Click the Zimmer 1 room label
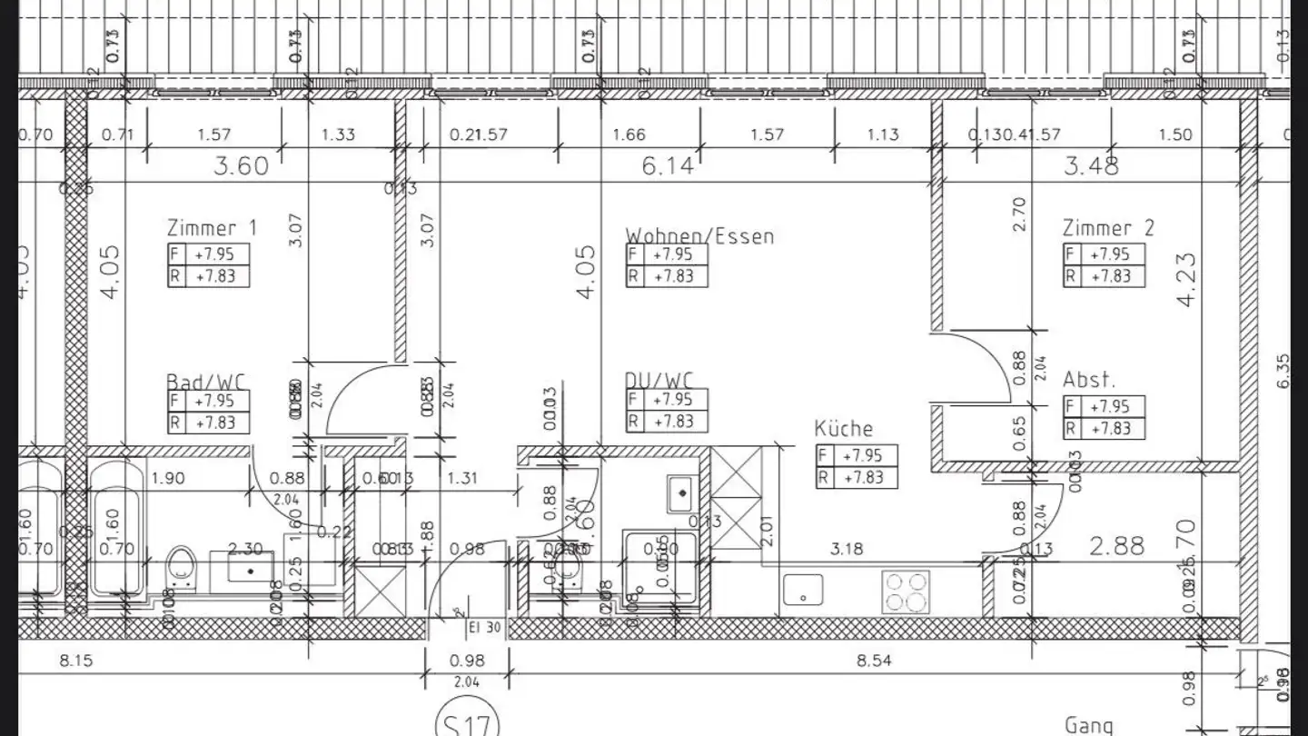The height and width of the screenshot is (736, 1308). tap(212, 228)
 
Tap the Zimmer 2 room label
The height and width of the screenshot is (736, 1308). tap(1108, 228)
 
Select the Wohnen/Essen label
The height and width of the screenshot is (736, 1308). tap(699, 236)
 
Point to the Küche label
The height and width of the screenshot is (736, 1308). tap(843, 429)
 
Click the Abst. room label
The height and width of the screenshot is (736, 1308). tap(1089, 380)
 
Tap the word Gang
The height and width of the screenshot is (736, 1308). tap(1089, 725)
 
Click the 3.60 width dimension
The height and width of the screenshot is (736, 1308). tap(240, 166)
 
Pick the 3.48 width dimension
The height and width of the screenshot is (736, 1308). tap(1092, 166)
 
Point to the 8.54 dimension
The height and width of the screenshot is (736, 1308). tap(874, 661)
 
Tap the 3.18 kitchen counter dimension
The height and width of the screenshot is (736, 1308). tap(846, 549)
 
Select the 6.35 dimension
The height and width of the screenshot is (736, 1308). tap(1283, 371)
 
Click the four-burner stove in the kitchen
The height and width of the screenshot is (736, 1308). tap(906, 592)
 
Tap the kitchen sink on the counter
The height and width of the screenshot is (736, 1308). tap(803, 589)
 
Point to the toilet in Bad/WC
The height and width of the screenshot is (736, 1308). tap(183, 570)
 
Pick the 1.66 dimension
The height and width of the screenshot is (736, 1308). tap(629, 135)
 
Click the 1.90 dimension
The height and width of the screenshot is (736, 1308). tap(169, 478)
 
